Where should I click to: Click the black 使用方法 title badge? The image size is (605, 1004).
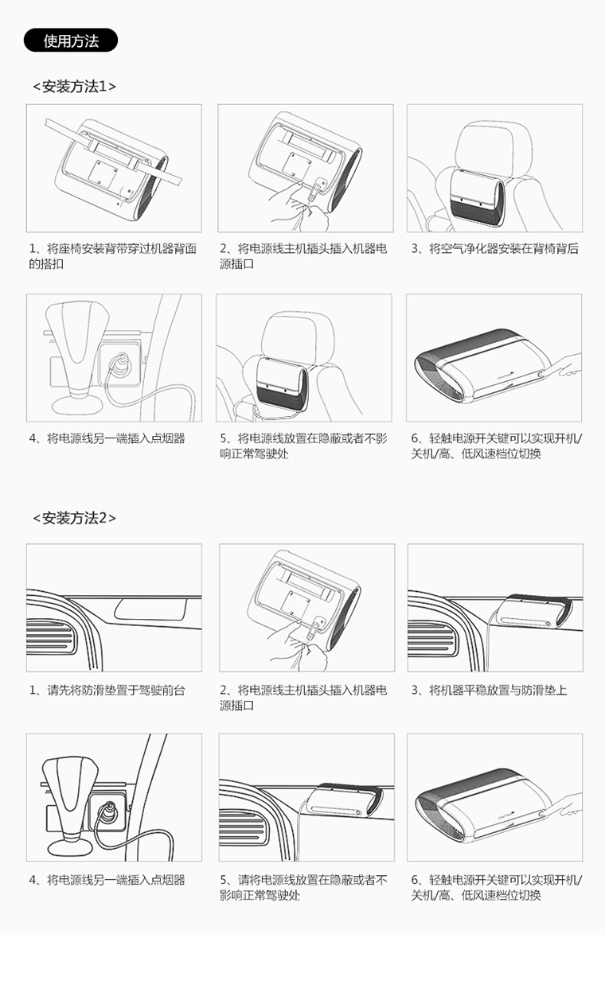coord(70,41)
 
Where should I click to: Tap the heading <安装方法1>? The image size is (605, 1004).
coord(75,86)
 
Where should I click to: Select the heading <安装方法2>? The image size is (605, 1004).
coord(75,518)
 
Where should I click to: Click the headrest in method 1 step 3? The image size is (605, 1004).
coord(494,145)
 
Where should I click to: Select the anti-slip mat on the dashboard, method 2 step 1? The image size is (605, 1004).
coord(150,609)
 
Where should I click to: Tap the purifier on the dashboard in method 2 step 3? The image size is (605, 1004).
coord(533,613)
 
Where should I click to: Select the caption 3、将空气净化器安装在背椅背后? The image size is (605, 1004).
coord(495,248)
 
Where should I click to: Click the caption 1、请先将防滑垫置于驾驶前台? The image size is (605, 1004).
coord(107,690)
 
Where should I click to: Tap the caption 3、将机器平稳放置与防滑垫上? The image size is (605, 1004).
coord(489,690)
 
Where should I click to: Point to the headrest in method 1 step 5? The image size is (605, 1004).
coord(298,334)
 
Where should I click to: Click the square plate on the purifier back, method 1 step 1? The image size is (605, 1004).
coord(102,173)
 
